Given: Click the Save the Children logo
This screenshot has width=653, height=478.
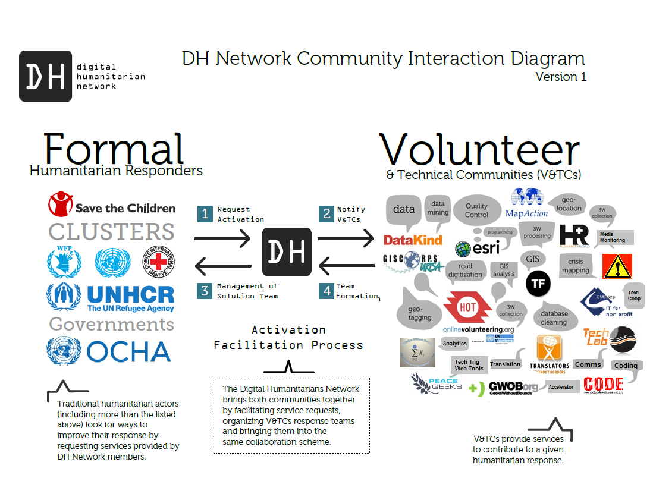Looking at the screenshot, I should coord(112,205).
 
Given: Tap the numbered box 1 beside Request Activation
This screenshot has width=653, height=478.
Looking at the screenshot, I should coord(205,214).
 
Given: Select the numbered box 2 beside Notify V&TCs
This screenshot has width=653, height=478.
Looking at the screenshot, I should coord(326,214).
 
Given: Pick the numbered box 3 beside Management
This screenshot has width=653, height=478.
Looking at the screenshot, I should coord(205,290).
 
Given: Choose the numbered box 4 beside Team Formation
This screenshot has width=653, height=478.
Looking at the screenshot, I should coord(326,290).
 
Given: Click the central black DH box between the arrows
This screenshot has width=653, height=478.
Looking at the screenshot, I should coord(287,252).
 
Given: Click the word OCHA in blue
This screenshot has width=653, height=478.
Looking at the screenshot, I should coord(129,352).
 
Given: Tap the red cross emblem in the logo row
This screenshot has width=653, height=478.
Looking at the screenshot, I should coord(158,262).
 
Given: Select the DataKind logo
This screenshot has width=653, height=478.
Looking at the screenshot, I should coord(413,240).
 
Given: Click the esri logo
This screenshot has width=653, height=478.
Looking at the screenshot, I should coord(477,248).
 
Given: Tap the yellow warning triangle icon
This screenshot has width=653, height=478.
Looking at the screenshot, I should coord(617,266).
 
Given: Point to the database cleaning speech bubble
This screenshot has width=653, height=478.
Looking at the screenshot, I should coord(554,317).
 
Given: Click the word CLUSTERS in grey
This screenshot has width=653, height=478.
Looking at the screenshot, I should coord(111,231).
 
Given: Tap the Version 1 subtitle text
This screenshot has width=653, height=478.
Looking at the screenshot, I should coord(561,77).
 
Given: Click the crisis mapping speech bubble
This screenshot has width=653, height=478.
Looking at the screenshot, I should coord(575,266).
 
